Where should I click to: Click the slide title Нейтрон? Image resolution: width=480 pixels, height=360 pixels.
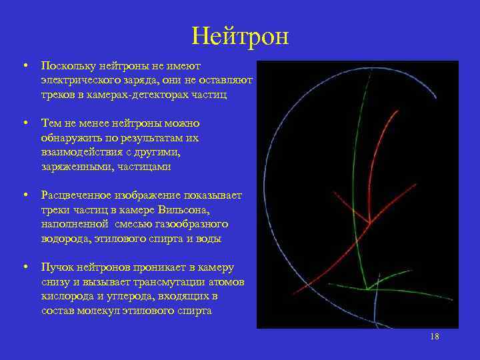point(240,36)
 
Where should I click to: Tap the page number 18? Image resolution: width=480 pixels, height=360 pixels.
point(435,337)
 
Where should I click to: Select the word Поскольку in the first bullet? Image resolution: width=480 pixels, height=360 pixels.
point(69,66)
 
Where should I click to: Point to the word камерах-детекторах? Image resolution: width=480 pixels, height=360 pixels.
point(137,95)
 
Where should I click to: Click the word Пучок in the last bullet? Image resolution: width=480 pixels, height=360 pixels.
point(57,267)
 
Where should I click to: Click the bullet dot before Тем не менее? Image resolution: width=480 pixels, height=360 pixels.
point(25,123)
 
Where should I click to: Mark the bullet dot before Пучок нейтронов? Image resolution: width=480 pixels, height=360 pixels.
point(25,267)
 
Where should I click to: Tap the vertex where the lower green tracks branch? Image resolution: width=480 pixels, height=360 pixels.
point(367,289)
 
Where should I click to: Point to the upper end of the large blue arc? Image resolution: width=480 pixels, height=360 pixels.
point(436,98)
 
